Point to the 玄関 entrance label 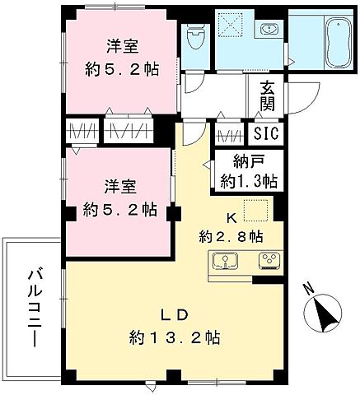tap(268, 97)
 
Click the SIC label tap(265, 134)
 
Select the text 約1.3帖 tap(248, 180)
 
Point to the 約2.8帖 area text tap(231, 237)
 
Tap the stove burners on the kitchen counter tap(269, 263)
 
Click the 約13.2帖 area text tap(174, 337)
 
